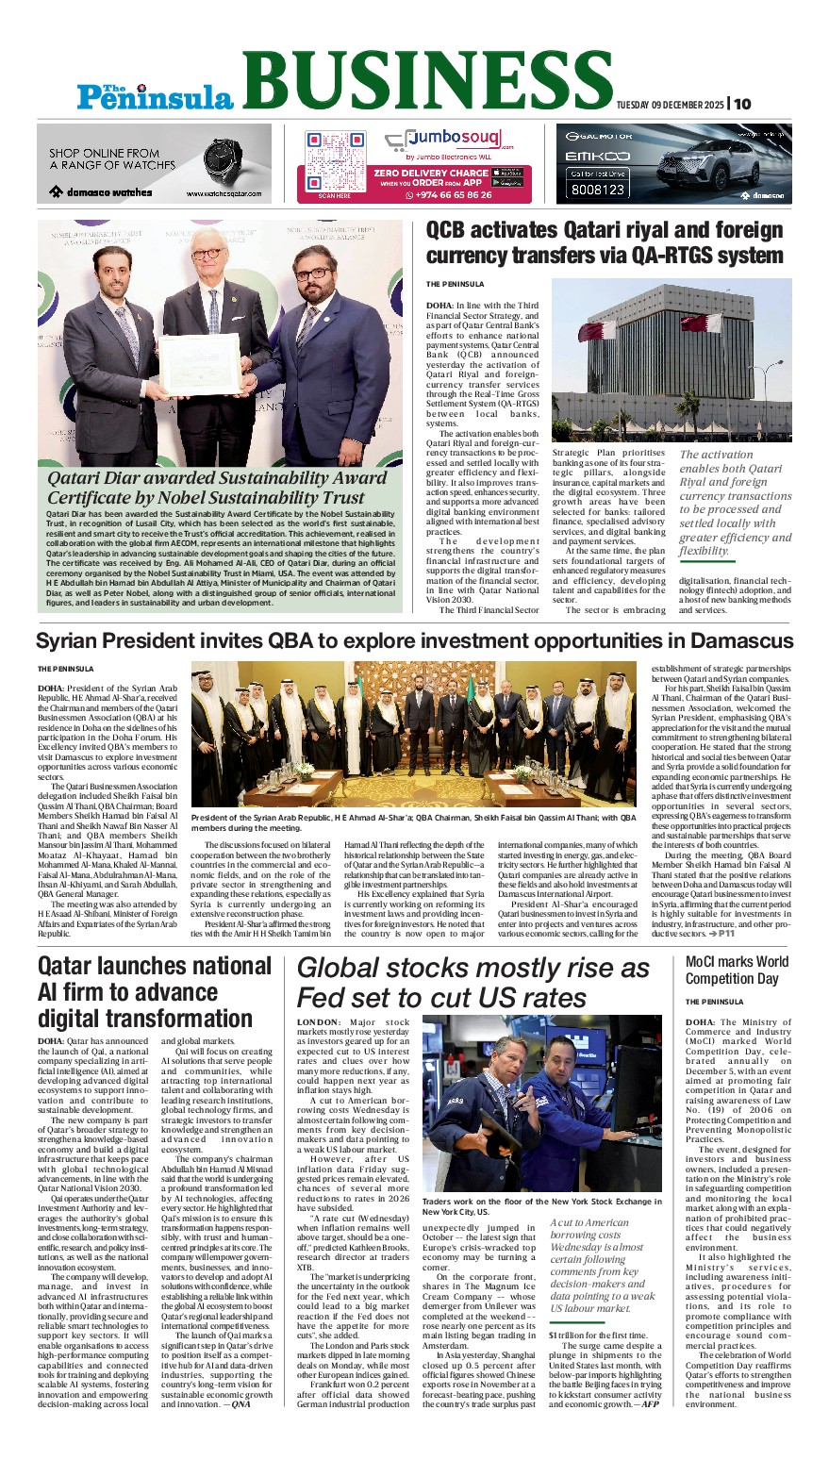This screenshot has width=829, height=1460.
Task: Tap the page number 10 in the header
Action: [x=743, y=104]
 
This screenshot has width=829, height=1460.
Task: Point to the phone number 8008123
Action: [x=596, y=190]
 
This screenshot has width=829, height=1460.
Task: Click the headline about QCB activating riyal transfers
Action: [x=605, y=242]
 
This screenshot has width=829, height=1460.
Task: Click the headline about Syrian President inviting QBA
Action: [x=414, y=641]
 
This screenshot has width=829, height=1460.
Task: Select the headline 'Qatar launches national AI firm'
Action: [x=154, y=991]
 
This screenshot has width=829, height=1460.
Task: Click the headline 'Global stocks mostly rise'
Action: [x=473, y=983]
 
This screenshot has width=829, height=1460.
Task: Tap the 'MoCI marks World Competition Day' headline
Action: [x=737, y=970]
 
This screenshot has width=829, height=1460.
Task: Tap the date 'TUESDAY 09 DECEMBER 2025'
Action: [x=670, y=105]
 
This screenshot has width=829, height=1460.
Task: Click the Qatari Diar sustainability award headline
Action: [x=217, y=488]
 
